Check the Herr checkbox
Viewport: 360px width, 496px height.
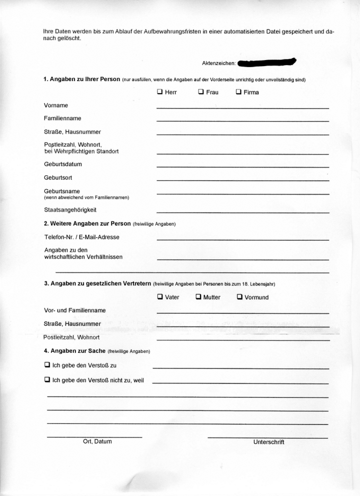(159, 92)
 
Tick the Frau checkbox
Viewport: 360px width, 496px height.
(201, 92)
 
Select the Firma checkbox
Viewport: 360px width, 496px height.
(238, 92)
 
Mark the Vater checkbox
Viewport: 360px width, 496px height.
(160, 297)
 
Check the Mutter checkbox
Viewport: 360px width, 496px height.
(198, 297)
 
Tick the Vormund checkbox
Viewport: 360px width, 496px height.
(239, 297)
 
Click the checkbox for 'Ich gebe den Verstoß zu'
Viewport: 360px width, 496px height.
(47, 365)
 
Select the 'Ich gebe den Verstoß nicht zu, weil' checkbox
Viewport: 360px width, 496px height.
(47, 380)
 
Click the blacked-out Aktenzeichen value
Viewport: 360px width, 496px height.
(267, 63)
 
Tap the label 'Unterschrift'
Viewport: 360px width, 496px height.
(268, 442)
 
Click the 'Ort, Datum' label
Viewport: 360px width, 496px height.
(97, 441)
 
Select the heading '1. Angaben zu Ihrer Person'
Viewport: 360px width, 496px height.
(82, 80)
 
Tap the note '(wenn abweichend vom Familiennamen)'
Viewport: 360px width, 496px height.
(86, 198)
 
